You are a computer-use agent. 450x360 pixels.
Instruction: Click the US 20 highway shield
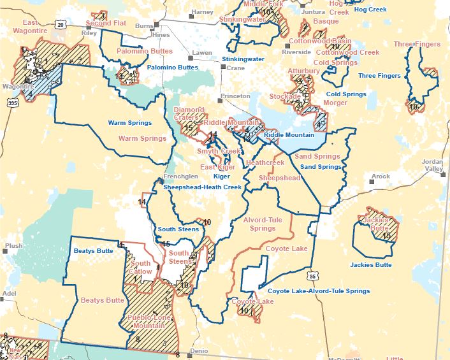point(59,24)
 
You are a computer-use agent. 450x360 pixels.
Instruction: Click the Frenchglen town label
point(177,176)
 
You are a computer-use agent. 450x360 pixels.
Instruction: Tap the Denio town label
point(200,351)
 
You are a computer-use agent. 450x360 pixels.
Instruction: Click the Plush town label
point(13,245)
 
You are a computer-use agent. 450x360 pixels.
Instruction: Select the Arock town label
point(381,176)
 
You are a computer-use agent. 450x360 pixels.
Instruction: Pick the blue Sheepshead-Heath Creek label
point(202,187)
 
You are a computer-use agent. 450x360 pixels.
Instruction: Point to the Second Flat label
point(106,24)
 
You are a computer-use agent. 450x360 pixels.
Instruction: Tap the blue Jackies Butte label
point(370,264)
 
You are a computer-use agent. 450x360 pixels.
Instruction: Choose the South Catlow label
point(140,268)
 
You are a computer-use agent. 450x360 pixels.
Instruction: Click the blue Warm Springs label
point(129,122)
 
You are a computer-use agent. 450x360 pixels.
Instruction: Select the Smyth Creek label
point(219,151)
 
